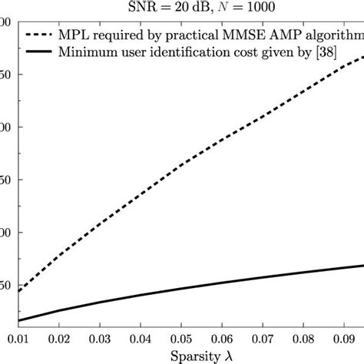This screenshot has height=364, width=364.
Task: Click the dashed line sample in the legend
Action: pos(45,35)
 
